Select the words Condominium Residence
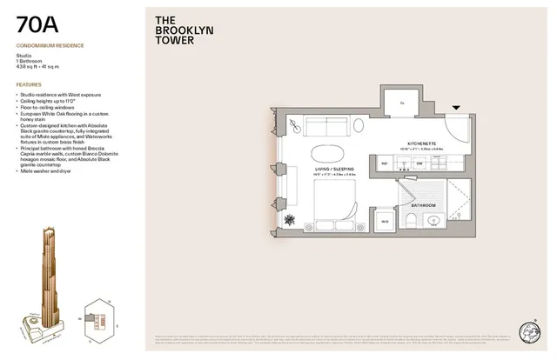(x=49, y=45)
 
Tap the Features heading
(x=29, y=84)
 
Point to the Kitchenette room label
(x=422, y=143)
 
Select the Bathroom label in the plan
(x=425, y=205)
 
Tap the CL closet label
(x=402, y=103)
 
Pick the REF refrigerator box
(x=384, y=163)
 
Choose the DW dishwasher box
(x=419, y=163)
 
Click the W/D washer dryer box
(x=384, y=221)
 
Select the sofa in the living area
(x=325, y=125)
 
